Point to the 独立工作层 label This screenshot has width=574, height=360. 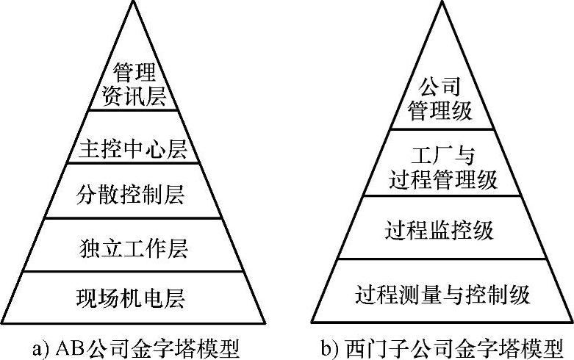(133, 247)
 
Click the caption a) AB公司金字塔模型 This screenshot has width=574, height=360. (132, 346)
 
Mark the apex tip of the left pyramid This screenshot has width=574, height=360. (133, 2)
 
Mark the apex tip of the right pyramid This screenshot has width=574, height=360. (442, 2)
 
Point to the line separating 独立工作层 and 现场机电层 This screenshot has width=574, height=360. (133, 272)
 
